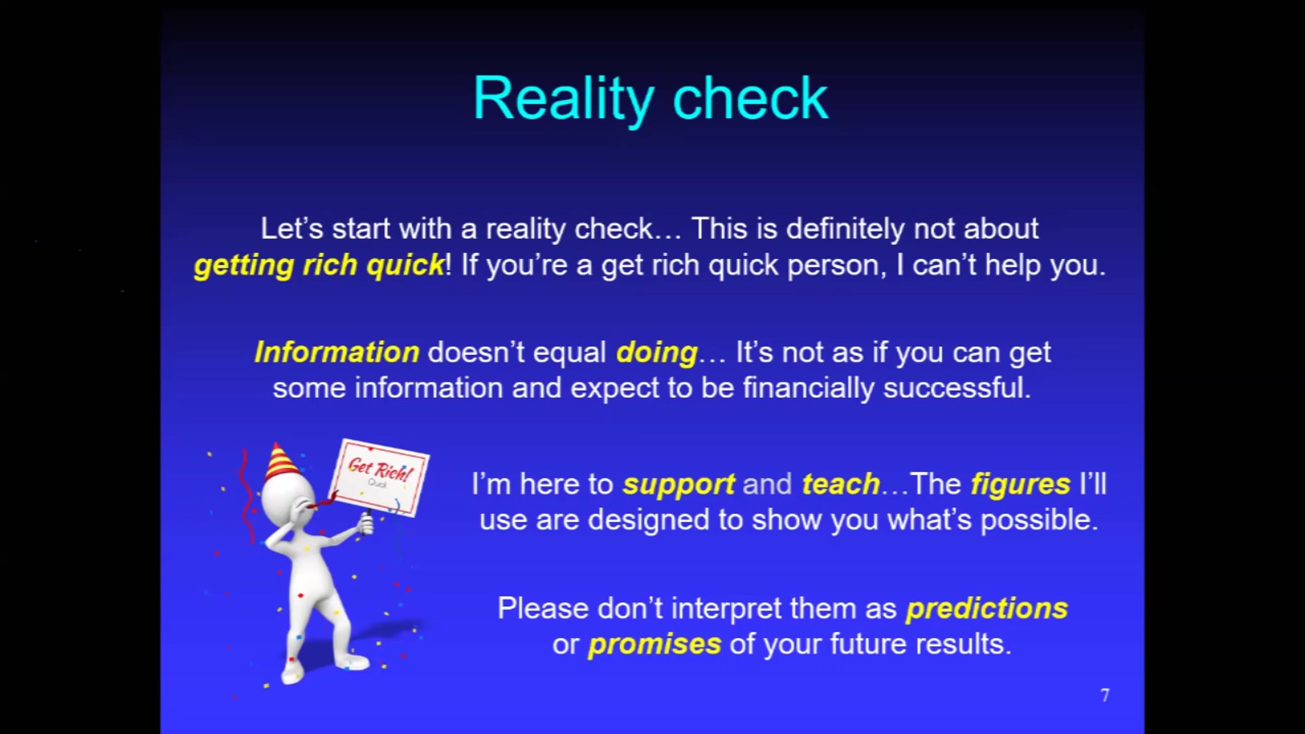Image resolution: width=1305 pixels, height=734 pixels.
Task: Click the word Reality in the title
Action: click(x=563, y=99)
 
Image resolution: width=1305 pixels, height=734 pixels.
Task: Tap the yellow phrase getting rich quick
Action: click(x=320, y=266)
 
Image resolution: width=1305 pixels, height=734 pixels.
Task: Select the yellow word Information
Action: click(x=337, y=352)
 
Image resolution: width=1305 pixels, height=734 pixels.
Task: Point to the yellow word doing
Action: click(x=657, y=353)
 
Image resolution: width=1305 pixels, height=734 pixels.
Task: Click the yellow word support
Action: click(x=679, y=484)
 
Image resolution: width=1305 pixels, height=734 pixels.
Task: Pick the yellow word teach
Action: click(x=841, y=484)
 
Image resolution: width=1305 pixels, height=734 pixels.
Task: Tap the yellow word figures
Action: click(x=1021, y=484)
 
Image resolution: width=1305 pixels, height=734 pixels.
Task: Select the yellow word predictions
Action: click(x=987, y=608)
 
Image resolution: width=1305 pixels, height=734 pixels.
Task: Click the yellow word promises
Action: click(x=655, y=645)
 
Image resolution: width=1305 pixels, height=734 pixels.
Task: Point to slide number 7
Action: click(x=1105, y=695)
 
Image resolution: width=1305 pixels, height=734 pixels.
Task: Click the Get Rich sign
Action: click(x=380, y=477)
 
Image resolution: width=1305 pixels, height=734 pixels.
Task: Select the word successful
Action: click(x=957, y=388)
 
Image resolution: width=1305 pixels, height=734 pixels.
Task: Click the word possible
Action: click(x=1040, y=520)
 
